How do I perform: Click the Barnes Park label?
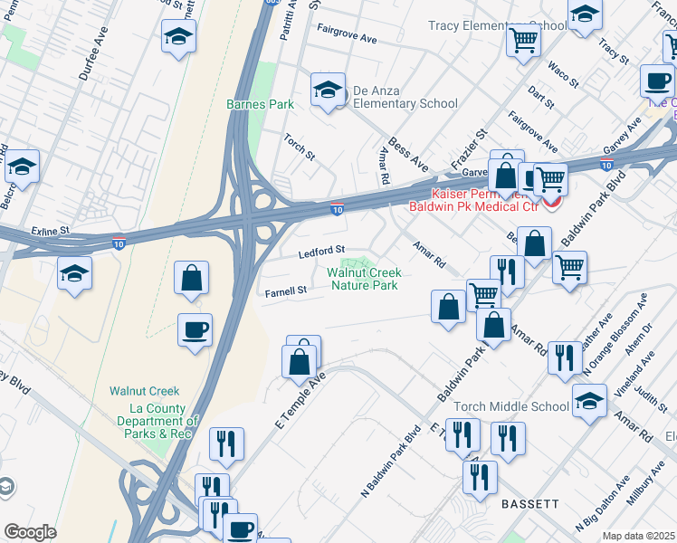(x=260, y=104)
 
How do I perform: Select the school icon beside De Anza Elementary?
(x=328, y=90)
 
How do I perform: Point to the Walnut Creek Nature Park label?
(x=364, y=279)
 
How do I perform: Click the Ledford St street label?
(x=323, y=250)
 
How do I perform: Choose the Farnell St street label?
(x=287, y=291)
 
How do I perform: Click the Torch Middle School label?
(x=511, y=406)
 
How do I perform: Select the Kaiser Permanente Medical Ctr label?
(x=487, y=201)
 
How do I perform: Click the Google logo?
(x=30, y=532)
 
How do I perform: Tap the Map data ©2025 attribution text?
(x=638, y=536)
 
